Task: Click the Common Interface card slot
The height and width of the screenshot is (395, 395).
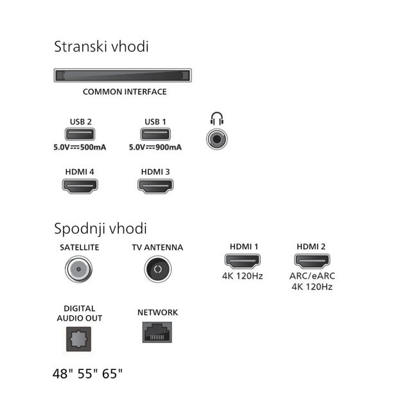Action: tap(123, 75)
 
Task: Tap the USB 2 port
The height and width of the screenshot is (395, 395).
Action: tap(80, 134)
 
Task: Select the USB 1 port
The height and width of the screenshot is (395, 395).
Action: tap(155, 134)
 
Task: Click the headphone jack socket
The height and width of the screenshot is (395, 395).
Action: tap(217, 139)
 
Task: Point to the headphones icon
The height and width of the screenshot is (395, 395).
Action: tap(217, 119)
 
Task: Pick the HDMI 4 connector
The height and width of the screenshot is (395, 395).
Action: tap(80, 186)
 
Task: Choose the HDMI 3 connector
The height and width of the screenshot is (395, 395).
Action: tap(155, 186)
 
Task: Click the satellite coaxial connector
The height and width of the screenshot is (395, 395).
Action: tap(78, 269)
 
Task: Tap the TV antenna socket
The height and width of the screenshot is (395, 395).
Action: tap(158, 269)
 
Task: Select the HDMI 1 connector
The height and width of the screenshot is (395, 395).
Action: tap(242, 261)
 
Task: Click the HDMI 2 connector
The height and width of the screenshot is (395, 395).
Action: tap(312, 261)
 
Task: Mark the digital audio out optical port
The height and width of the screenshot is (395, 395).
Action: tap(78, 339)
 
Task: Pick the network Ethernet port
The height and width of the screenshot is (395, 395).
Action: tap(157, 332)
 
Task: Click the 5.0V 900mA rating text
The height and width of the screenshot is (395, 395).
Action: tap(155, 147)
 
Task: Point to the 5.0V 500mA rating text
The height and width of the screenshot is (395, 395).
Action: tap(80, 147)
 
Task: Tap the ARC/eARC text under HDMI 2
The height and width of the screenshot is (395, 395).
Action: tap(312, 276)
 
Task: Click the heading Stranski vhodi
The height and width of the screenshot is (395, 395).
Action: tap(101, 47)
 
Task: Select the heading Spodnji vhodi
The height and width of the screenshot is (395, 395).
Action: tap(100, 229)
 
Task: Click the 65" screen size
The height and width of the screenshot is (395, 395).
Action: tap(112, 374)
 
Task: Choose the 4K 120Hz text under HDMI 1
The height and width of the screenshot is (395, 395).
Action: tap(242, 276)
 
